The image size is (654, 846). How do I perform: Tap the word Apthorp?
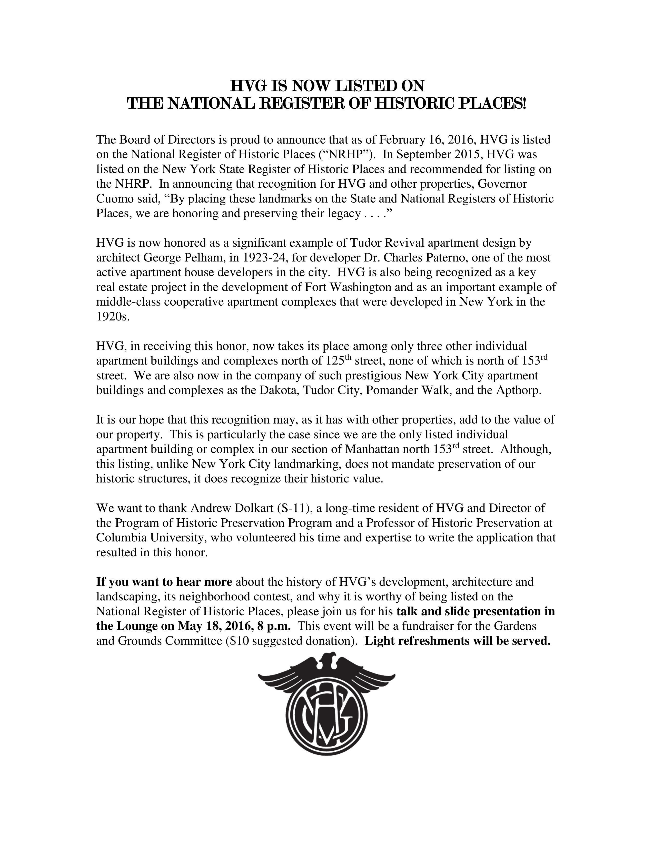point(518,390)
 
